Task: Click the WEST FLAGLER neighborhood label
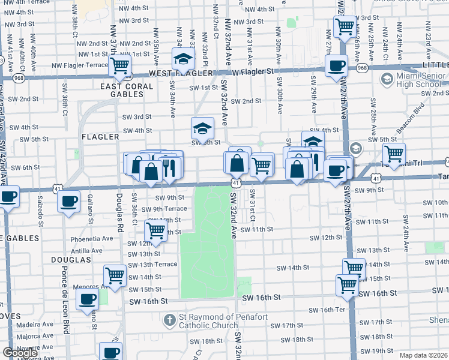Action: click(x=172, y=73)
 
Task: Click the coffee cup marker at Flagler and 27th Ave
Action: click(x=336, y=65)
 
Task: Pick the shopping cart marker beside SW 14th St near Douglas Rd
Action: click(x=114, y=275)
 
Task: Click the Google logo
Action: click(x=20, y=353)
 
